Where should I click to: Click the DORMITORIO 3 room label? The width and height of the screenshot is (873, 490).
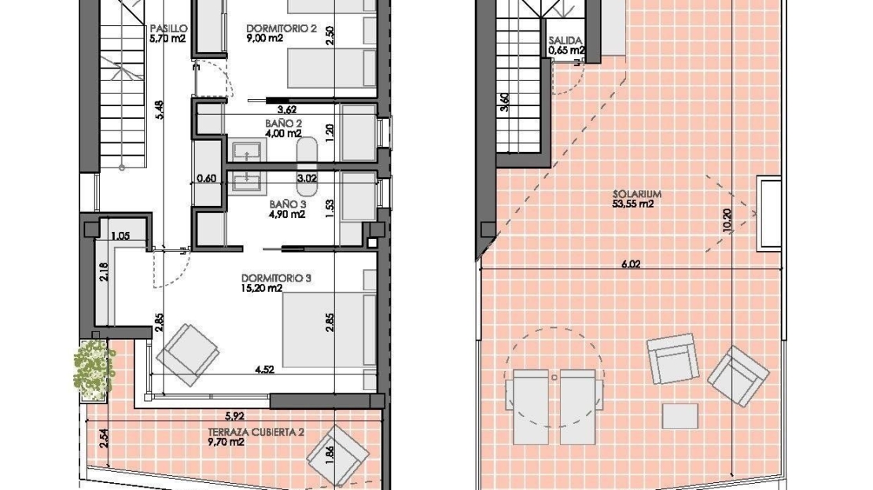click(x=276, y=278)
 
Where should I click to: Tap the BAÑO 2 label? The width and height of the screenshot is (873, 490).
click(x=283, y=123)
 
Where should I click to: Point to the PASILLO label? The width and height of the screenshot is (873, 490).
click(x=168, y=28)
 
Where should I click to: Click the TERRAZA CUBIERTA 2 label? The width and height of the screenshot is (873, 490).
click(x=256, y=432)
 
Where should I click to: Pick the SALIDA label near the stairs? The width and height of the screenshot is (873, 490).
click(x=565, y=41)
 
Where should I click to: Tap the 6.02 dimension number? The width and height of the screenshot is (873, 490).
click(x=631, y=264)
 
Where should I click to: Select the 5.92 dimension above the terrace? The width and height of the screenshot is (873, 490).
click(x=235, y=416)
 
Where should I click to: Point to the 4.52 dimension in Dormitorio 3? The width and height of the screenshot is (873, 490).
click(x=264, y=369)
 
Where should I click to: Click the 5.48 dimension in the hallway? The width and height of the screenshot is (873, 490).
click(x=161, y=109)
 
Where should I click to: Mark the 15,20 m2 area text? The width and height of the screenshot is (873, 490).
click(x=262, y=289)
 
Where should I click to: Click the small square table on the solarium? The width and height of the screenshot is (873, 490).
click(x=680, y=416)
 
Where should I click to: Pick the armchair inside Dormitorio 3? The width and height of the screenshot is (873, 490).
click(x=188, y=355)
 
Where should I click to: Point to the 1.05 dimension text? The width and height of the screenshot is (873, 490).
click(x=120, y=236)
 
